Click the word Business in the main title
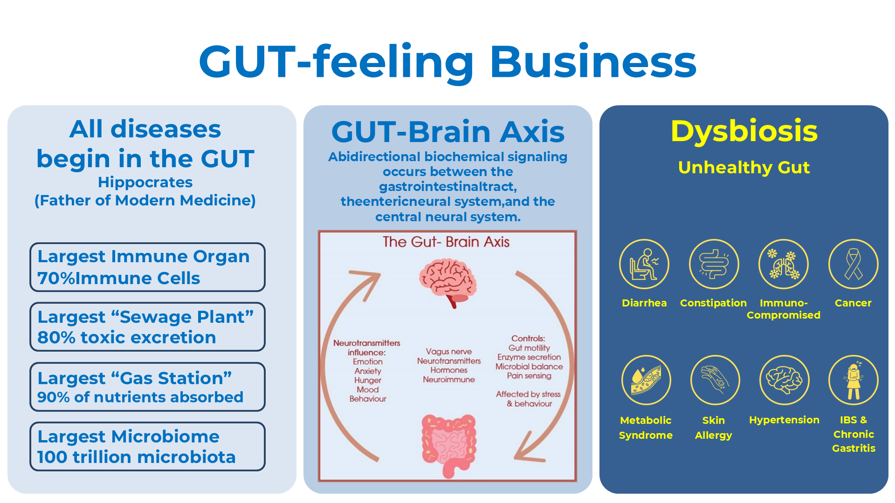tap(593, 62)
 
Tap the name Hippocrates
tap(145, 182)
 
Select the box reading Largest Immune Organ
tap(147, 267)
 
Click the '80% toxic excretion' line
tap(127, 337)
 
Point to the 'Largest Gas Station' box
tap(147, 387)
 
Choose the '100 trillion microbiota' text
tap(136, 457)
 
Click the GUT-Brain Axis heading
tap(447, 132)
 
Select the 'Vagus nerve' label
tap(448, 352)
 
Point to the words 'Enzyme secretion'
tap(529, 357)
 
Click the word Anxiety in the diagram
tap(368, 371)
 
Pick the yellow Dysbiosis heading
tap(744, 131)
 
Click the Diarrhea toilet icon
tap(644, 264)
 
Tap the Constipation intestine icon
tap(714, 264)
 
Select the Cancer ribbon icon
tap(853, 264)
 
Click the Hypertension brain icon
tap(784, 380)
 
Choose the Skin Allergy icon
tap(715, 380)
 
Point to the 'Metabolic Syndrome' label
tap(646, 428)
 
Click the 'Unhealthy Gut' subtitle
tap(744, 167)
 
